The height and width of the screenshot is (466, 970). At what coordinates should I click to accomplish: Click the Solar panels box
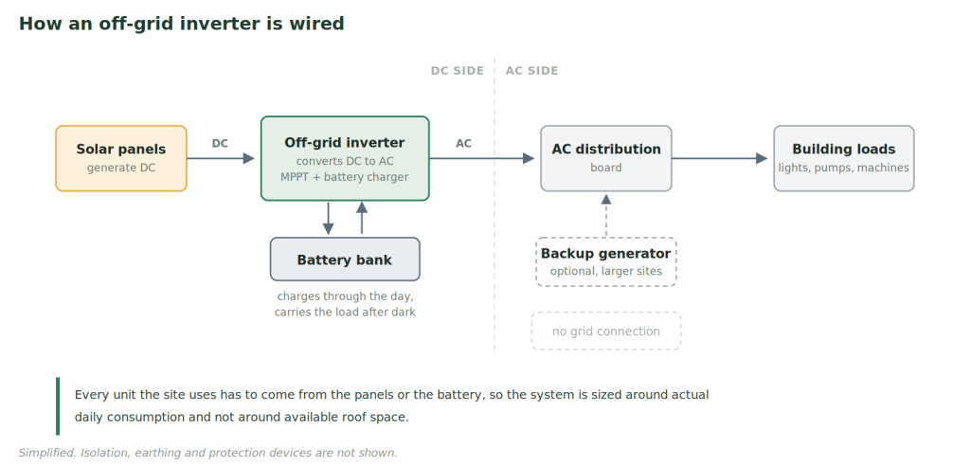point(121,158)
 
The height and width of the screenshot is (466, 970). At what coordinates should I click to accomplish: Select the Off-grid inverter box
point(345,158)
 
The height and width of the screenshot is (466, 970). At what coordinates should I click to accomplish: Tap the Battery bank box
point(345,260)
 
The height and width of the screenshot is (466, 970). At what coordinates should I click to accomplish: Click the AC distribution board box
point(606,158)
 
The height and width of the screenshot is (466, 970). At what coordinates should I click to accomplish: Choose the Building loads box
point(844,158)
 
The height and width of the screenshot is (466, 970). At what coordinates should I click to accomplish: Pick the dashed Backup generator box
point(606,261)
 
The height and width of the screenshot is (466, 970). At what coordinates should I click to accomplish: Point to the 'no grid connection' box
point(606,332)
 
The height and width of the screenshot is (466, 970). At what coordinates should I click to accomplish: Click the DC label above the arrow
point(220,144)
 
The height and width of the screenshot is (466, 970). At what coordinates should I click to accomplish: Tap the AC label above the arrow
point(464,144)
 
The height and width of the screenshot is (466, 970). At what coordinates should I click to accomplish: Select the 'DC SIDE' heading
point(458,70)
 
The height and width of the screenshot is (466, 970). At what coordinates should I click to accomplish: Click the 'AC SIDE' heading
point(532,70)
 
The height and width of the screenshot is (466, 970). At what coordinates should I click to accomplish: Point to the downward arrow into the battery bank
point(328,218)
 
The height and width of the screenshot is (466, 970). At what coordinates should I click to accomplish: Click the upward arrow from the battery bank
point(362,218)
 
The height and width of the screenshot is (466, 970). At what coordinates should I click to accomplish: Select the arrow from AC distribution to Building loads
point(720,158)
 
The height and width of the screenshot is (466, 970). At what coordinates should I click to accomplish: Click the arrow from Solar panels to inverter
point(221,158)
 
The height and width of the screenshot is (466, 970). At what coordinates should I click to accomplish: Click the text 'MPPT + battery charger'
point(345,177)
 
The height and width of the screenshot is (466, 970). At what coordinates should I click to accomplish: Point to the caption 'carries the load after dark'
point(345,312)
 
